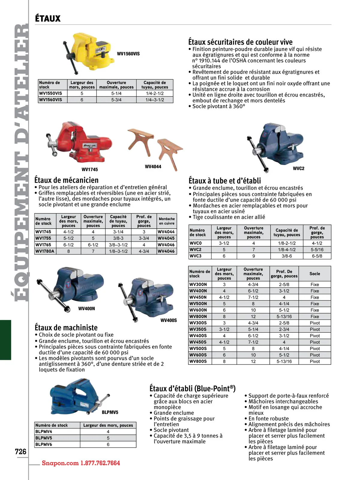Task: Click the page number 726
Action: [x=20, y=451]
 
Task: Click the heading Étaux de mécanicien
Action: [x=66, y=180]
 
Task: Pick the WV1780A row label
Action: [x=45, y=251]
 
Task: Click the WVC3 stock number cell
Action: [x=196, y=256]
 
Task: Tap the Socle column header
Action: [x=315, y=274]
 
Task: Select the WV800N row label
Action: [x=198, y=316]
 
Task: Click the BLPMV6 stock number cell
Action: [x=44, y=444]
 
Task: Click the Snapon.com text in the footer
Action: [x=60, y=463]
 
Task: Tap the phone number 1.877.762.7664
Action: [x=100, y=463]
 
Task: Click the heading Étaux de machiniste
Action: [x=66, y=327]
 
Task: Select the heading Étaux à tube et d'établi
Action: [x=225, y=181]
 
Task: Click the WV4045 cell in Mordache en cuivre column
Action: [x=166, y=238]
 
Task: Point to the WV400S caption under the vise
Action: [x=169, y=320]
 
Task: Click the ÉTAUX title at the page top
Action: [x=48, y=19]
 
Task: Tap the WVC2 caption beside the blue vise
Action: [x=298, y=169]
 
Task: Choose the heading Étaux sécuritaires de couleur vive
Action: [x=240, y=42]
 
